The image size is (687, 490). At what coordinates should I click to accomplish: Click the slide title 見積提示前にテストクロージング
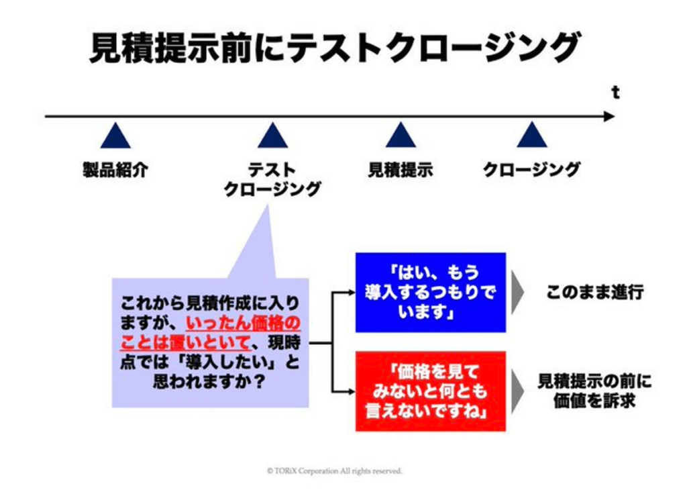tap(335, 47)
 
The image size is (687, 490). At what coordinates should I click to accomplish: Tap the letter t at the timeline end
tap(616, 93)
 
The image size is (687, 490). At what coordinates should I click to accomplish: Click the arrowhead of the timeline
tap(609, 116)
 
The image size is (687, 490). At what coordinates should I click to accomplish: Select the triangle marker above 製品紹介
tap(115, 136)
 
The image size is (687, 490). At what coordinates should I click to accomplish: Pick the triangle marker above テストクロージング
tap(272, 136)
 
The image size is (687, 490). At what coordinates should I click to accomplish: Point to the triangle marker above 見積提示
tap(401, 135)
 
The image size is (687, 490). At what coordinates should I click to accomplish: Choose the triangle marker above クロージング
tap(531, 135)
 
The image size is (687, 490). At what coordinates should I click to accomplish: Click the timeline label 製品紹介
tap(115, 170)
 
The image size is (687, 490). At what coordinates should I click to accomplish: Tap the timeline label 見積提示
tap(401, 170)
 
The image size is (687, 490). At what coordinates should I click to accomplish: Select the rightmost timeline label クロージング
tap(531, 170)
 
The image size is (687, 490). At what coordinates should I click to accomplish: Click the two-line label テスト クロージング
tap(272, 180)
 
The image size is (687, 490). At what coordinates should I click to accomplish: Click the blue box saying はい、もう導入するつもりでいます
tap(431, 293)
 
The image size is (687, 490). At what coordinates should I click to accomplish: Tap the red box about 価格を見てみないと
tap(431, 391)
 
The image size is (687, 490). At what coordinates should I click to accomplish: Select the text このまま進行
tap(595, 292)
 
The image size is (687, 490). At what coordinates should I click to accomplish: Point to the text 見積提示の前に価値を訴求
tap(594, 391)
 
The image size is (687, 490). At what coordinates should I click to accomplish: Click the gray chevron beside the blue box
tap(517, 293)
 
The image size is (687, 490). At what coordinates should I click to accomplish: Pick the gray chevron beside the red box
tap(517, 391)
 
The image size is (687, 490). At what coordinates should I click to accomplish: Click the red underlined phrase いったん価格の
tap(243, 324)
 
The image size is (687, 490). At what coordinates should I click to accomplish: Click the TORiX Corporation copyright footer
tap(334, 471)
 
